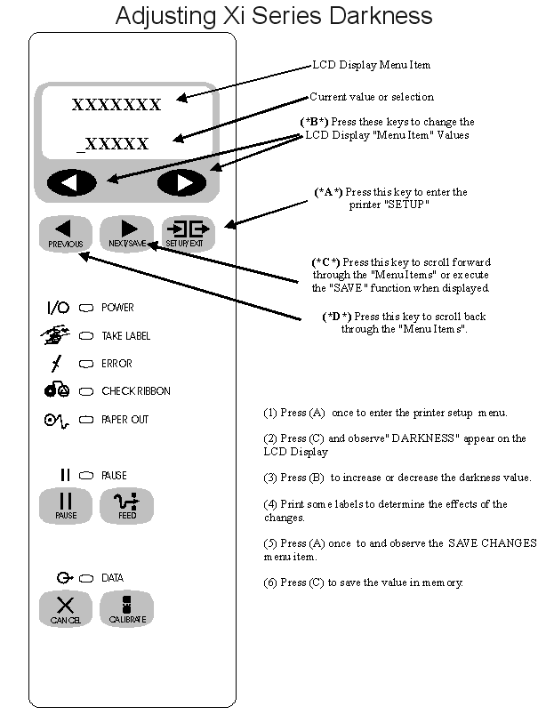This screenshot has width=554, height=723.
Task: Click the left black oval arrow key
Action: pos(71,182)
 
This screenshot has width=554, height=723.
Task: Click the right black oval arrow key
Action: pos(181,182)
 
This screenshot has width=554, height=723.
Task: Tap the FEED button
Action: pos(127,506)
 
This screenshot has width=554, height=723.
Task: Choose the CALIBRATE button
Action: pos(127,609)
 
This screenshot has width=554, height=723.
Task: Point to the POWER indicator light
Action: pos(86,308)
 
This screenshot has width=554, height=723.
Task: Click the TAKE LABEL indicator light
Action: pos(86,336)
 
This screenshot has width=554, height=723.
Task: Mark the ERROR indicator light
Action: pos(86,364)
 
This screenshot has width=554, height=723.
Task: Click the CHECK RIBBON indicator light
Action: pos(86,391)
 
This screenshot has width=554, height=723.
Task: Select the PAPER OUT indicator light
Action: pos(86,419)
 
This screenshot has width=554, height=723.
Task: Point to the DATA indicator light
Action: pos(86,578)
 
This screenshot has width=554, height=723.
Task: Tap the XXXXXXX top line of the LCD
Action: pos(116,105)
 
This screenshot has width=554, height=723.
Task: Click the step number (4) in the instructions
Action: pos(270,504)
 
